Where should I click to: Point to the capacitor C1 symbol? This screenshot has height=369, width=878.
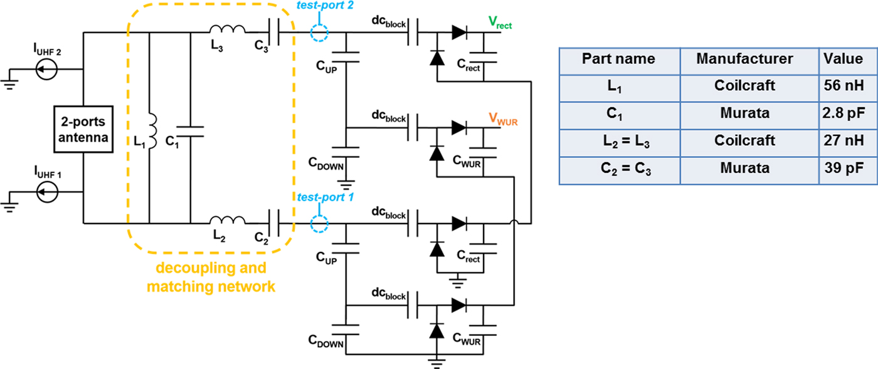point(190,132)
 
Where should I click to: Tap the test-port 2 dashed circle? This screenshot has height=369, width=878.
point(319,33)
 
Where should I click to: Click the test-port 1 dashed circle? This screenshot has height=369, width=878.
point(319,223)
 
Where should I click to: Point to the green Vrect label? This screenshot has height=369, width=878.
point(500,23)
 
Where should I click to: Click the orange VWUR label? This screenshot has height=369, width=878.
point(504,118)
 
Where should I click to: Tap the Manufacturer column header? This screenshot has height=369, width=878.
point(744,59)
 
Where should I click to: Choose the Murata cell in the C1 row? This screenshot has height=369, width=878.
point(744,113)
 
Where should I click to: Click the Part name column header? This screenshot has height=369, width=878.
point(618,59)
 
